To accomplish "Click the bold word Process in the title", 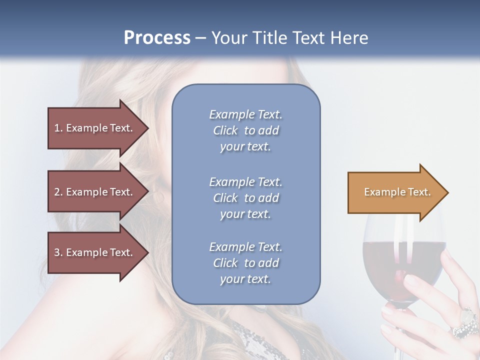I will point(157,38).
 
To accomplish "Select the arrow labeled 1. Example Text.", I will point(95,128).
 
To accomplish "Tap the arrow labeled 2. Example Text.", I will point(95,192).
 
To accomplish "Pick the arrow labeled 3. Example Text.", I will point(95,252).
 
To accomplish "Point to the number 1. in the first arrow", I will point(58,128).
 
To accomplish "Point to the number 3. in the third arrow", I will point(58,252).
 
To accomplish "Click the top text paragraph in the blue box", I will point(245,130).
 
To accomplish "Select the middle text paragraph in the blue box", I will point(245,198).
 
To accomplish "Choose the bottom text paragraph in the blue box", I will point(245,263).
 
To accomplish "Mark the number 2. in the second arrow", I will point(58,192).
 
